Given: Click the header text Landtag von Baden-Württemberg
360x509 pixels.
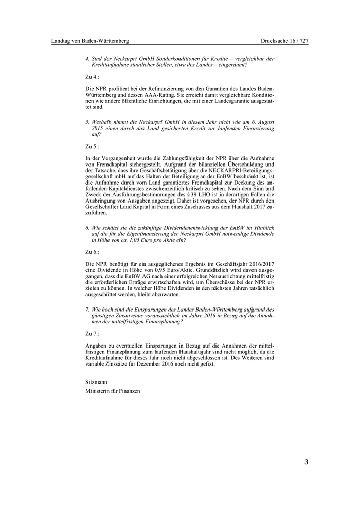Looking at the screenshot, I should pos(90,41).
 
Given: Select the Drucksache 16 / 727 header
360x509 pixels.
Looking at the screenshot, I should pos(284,41).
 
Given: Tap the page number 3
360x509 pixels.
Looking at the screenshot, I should pos(306,462).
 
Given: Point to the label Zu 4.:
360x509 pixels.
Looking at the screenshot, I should pos(92,76).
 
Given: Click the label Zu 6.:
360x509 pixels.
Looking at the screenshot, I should pos(92,252).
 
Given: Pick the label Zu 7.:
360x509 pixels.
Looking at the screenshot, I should pos(92,333).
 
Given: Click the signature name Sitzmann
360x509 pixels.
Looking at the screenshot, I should pos(96,383).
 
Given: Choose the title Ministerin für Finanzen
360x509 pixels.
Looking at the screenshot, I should pos(113,391).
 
